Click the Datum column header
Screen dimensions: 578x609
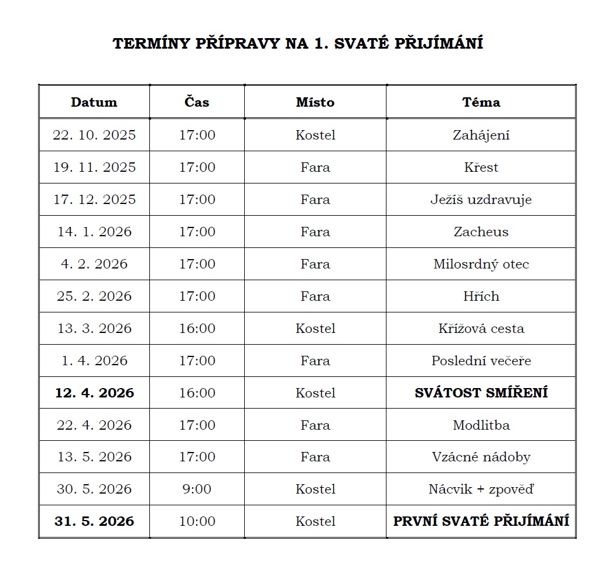pyautogui.click(x=94, y=102)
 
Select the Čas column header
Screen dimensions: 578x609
pyautogui.click(x=197, y=102)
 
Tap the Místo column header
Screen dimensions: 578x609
pyautogui.click(x=315, y=102)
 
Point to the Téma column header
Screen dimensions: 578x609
pyautogui.click(x=481, y=102)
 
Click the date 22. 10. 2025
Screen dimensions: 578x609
pyautogui.click(x=94, y=135)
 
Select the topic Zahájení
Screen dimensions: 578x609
pyautogui.click(x=481, y=135)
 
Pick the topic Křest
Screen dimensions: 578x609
pyautogui.click(x=481, y=167)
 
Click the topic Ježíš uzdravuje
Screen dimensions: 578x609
pyautogui.click(x=481, y=199)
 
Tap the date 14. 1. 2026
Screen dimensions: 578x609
pyautogui.click(x=94, y=232)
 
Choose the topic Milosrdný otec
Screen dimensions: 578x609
pyautogui.click(x=481, y=264)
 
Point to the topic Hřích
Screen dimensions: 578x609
pyautogui.click(x=481, y=296)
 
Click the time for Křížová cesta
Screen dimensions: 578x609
pyautogui.click(x=197, y=328)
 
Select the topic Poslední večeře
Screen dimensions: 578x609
pyautogui.click(x=481, y=361)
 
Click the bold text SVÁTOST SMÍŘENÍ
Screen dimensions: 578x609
pyautogui.click(x=481, y=393)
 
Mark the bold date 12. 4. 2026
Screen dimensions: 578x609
pyautogui.click(x=94, y=393)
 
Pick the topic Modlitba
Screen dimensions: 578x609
pyautogui.click(x=481, y=425)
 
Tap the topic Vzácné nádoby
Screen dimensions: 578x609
pyautogui.click(x=481, y=457)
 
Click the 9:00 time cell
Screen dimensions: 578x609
pyautogui.click(x=197, y=489)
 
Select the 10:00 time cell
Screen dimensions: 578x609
pyautogui.click(x=197, y=521)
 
